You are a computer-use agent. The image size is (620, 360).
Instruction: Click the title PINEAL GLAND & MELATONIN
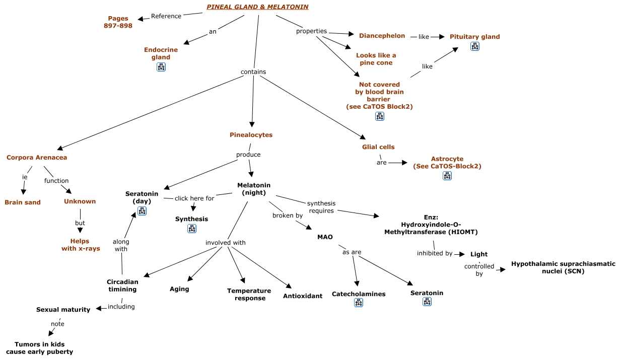click(257, 7)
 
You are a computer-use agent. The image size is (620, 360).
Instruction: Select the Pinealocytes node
click(251, 135)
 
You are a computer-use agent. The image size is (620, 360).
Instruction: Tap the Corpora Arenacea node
click(37, 158)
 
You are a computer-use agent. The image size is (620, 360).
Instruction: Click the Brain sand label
click(23, 202)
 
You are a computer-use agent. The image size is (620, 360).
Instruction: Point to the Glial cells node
click(378, 147)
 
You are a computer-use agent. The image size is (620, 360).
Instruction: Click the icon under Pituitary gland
click(474, 46)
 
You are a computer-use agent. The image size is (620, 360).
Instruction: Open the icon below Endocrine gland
click(161, 67)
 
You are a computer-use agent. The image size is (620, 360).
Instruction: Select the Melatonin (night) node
click(254, 189)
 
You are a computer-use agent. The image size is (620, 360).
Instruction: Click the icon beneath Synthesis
click(192, 229)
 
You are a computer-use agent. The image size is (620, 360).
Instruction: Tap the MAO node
click(325, 237)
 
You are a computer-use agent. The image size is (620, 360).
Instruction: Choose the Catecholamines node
click(359, 294)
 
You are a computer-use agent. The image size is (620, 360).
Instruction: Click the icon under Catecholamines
click(359, 303)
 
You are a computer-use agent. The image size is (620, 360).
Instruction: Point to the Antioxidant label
click(303, 296)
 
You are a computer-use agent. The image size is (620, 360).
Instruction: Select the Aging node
click(179, 289)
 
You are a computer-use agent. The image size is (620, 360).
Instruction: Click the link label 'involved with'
click(226, 243)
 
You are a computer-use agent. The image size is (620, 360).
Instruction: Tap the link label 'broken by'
click(288, 215)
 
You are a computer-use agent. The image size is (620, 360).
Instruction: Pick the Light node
click(479, 254)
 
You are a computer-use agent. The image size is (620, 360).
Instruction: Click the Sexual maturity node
click(63, 310)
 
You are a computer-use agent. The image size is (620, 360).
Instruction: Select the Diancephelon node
click(382, 36)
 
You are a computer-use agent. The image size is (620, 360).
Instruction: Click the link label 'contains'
click(253, 72)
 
